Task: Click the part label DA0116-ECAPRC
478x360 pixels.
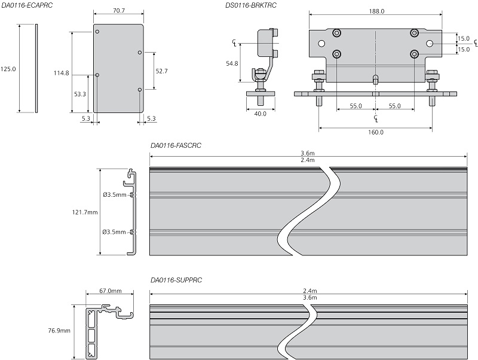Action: pyautogui.click(x=27, y=5)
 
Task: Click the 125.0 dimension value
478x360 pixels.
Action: pyautogui.click(x=8, y=69)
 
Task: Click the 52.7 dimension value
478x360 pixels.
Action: pyautogui.click(x=162, y=71)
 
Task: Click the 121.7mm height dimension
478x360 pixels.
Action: pyautogui.click(x=84, y=212)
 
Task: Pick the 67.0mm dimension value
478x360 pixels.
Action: pyautogui.click(x=111, y=291)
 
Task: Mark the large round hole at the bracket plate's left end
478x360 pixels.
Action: pyautogui.click(x=322, y=44)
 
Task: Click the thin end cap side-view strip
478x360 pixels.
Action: pyautogui.click(x=37, y=68)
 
